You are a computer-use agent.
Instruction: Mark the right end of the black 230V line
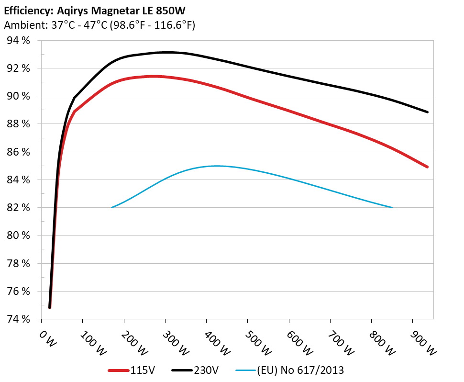pyautogui.click(x=427, y=112)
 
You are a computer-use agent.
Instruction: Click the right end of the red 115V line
pyautogui.click(x=427, y=167)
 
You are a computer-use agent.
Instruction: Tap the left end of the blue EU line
pyautogui.click(x=111, y=207)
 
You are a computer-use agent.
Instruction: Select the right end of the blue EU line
pyautogui.click(x=392, y=207)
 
